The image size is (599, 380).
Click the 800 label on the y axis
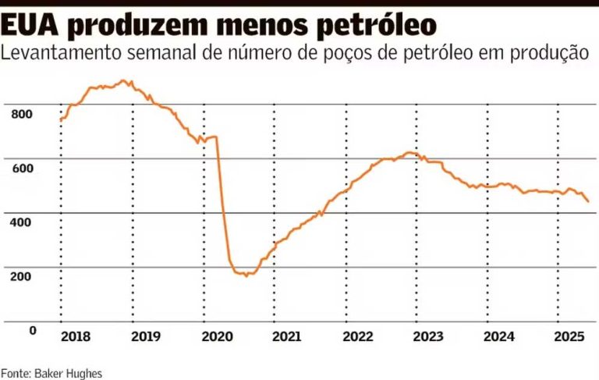point(22,115)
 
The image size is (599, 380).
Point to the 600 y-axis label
point(22,169)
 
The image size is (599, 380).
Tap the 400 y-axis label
point(22,222)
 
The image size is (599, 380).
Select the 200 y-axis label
point(22,276)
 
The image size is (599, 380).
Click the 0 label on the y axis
point(33,331)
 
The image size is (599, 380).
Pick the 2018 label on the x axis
point(75,337)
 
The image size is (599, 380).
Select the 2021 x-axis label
point(287,337)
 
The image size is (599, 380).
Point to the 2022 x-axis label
point(358,337)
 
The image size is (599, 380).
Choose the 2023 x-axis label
point(428,337)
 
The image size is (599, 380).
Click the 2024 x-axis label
point(499,337)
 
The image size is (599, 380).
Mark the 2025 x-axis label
point(570,337)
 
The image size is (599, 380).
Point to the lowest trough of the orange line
point(246,275)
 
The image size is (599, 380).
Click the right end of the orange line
point(588,201)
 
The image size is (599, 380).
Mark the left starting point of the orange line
point(61,119)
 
